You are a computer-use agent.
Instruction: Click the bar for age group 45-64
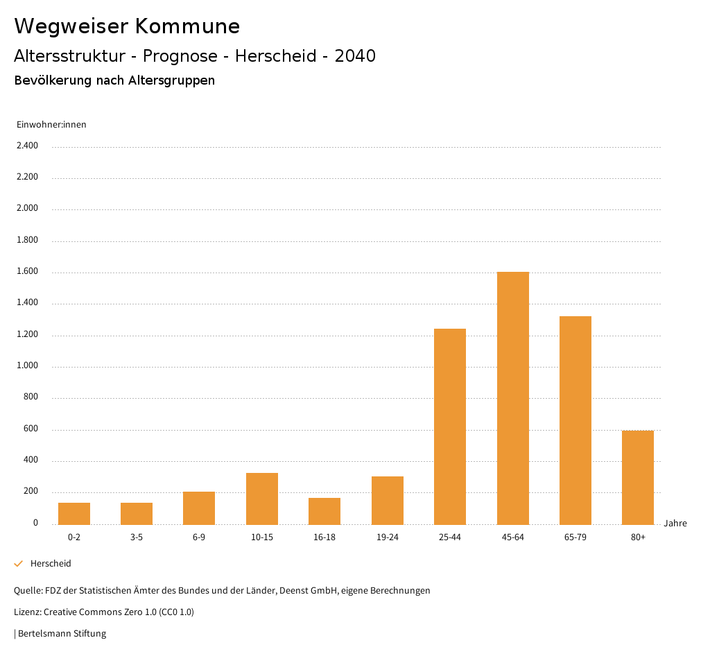pos(512,398)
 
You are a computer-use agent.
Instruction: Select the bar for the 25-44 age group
pos(450,426)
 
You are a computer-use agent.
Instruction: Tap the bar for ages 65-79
pos(575,420)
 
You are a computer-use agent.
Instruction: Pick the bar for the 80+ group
pos(638,477)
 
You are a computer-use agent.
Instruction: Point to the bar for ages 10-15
pos(262,499)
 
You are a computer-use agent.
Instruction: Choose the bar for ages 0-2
pos(74,513)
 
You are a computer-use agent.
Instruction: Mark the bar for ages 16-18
pos(324,511)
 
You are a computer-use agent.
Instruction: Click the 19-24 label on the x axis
pos(387,537)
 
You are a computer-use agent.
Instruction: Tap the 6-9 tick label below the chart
pos(199,537)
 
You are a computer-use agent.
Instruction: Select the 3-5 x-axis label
pos(137,537)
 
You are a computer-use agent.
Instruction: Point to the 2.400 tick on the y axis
pos(27,146)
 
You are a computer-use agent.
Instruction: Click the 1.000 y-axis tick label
pos(27,366)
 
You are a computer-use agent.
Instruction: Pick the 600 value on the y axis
pos(31,429)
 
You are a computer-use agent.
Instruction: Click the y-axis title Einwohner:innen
pos(51,125)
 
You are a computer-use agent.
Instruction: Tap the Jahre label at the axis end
pos(675,524)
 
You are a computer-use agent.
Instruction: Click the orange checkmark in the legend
pos(19,564)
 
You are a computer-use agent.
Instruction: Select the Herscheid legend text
pos(51,564)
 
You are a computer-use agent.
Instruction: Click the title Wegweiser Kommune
pos(127,26)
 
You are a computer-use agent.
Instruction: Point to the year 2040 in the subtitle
pos(355,56)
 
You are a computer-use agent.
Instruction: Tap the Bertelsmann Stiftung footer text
pos(62,634)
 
